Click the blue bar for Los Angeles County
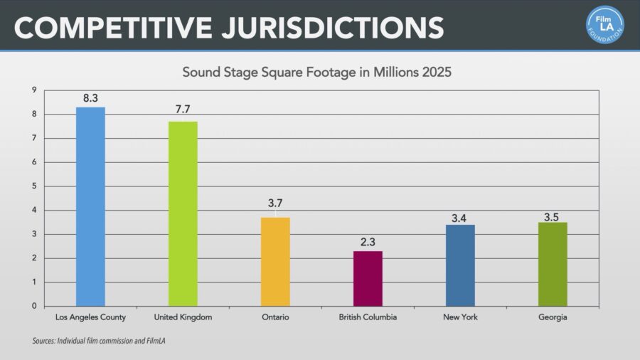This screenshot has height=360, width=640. (x=90, y=206)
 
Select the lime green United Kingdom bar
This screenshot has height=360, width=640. (x=183, y=214)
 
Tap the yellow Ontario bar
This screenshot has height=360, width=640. (x=275, y=262)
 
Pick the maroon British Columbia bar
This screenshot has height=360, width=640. (x=368, y=278)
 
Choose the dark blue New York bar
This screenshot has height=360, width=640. (x=460, y=265)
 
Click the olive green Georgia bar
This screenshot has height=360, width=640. (x=553, y=264)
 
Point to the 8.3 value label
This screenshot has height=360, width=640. (x=90, y=98)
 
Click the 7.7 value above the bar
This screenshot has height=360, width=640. (x=183, y=109)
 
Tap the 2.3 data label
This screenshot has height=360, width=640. (x=368, y=242)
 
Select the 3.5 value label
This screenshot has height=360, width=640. (x=551, y=217)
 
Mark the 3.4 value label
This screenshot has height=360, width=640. (x=459, y=218)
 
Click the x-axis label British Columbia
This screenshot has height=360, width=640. (x=368, y=317)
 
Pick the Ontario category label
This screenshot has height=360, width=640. (x=275, y=317)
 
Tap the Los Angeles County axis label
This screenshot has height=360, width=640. (x=90, y=317)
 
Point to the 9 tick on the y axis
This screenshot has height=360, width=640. (x=34, y=90)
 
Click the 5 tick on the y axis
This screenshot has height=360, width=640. (x=34, y=186)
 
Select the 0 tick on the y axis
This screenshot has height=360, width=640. (x=34, y=306)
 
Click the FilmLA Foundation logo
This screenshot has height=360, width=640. (x=605, y=24)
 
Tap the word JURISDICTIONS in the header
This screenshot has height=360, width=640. (x=333, y=28)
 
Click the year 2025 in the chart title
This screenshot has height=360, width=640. (x=437, y=73)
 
